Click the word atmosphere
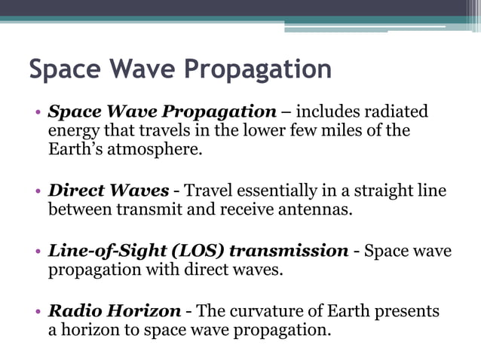[x=157, y=149]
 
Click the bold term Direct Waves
[x=108, y=191]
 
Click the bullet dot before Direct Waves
[x=38, y=191]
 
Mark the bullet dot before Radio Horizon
[x=38, y=311]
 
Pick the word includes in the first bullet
[x=326, y=112]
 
